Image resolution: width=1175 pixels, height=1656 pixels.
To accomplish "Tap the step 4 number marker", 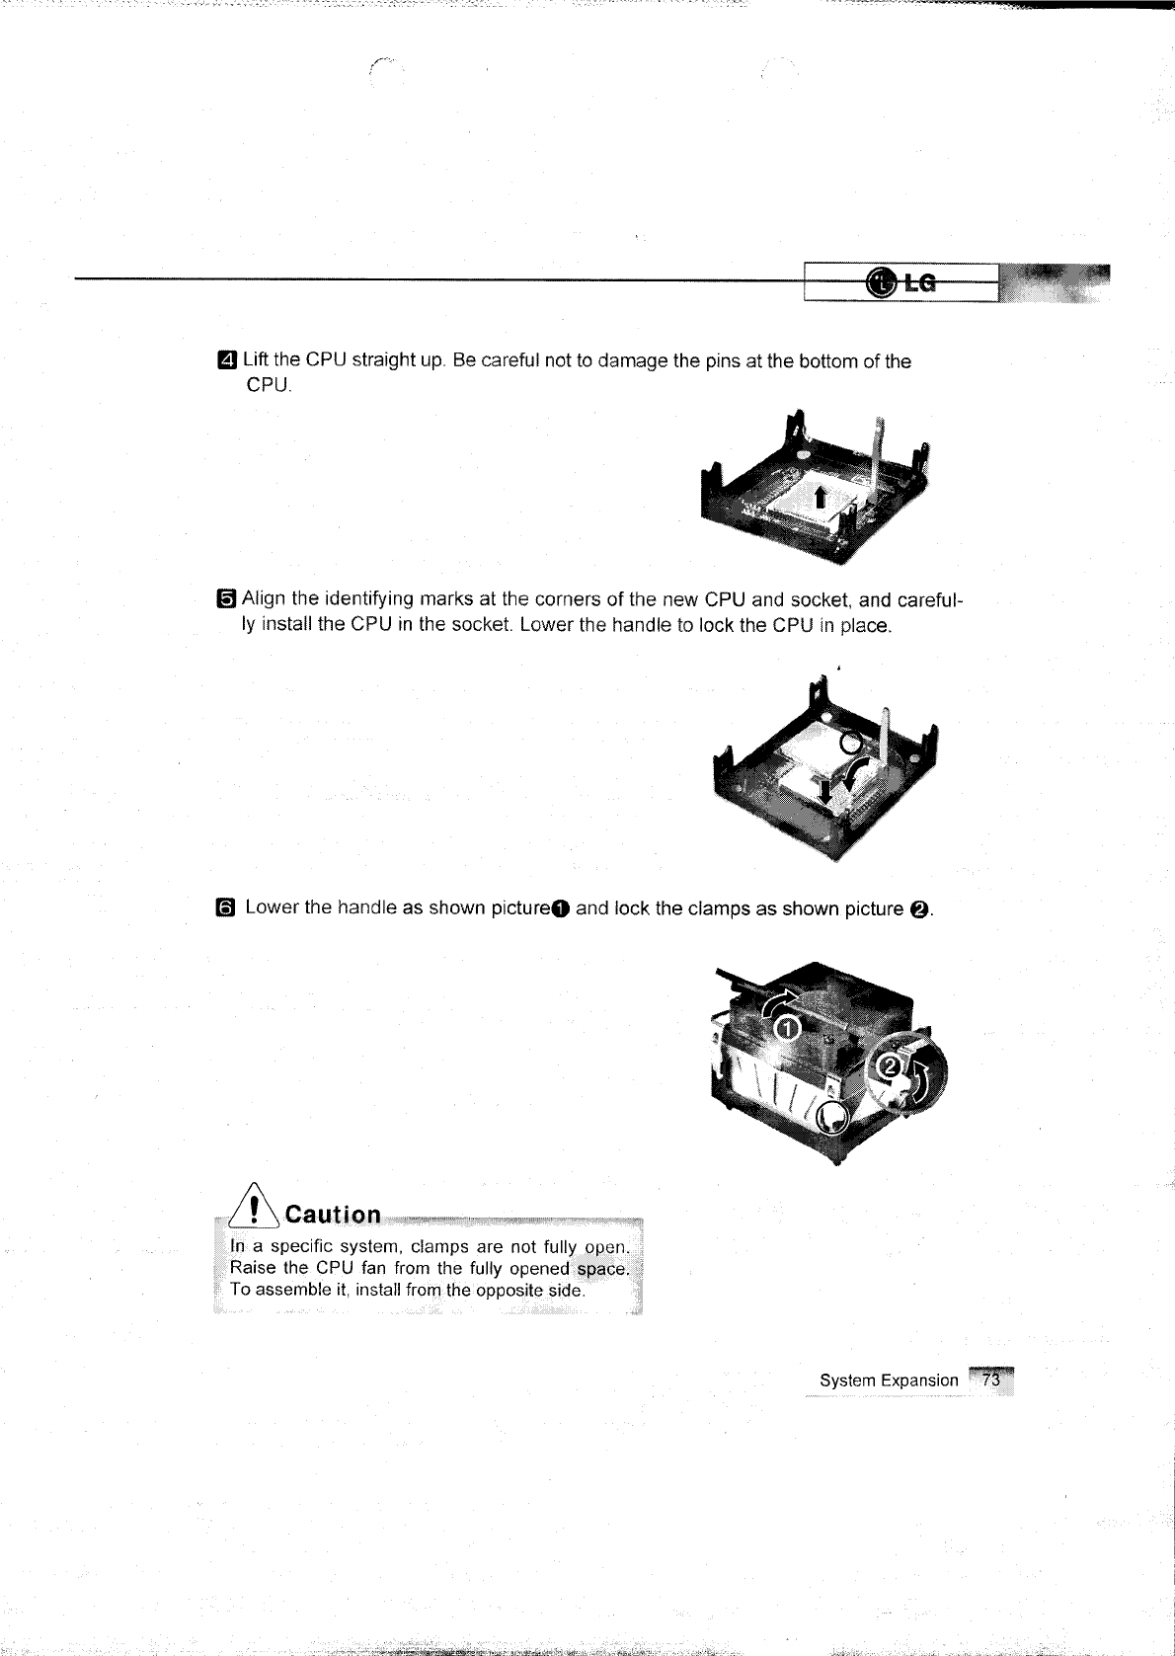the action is [227, 360].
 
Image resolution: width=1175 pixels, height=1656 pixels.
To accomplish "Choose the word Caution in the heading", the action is [332, 1215].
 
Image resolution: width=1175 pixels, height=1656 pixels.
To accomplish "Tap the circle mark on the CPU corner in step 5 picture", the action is [851, 742].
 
